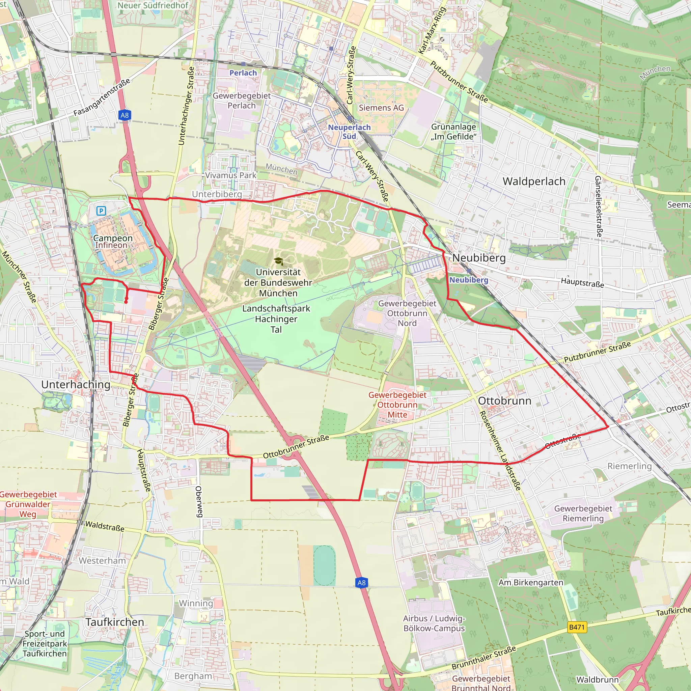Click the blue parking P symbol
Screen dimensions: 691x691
pyautogui.click(x=101, y=211)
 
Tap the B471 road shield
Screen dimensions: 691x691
pyautogui.click(x=577, y=627)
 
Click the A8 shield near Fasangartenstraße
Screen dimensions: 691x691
pyautogui.click(x=125, y=115)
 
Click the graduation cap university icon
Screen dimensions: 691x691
pyautogui.click(x=278, y=261)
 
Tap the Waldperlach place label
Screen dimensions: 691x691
pyautogui.click(x=534, y=181)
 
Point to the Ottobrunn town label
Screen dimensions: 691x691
pyautogui.click(x=504, y=400)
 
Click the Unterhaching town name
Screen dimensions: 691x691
pyautogui.click(x=76, y=385)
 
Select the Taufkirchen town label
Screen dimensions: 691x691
pyautogui.click(x=115, y=622)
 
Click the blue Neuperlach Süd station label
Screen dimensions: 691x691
pyautogui.click(x=349, y=132)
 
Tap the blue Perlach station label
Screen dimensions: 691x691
pyautogui.click(x=243, y=73)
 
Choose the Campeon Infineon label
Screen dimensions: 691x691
pyautogui.click(x=112, y=242)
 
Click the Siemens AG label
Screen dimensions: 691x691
pyautogui.click(x=381, y=108)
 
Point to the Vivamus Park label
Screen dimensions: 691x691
pyautogui.click(x=231, y=175)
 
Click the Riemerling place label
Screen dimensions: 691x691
pyautogui.click(x=630, y=466)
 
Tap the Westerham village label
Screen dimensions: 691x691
pyautogui.click(x=102, y=560)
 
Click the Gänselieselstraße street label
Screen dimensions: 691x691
pyautogui.click(x=598, y=206)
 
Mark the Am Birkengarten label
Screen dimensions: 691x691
pyautogui.click(x=531, y=583)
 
